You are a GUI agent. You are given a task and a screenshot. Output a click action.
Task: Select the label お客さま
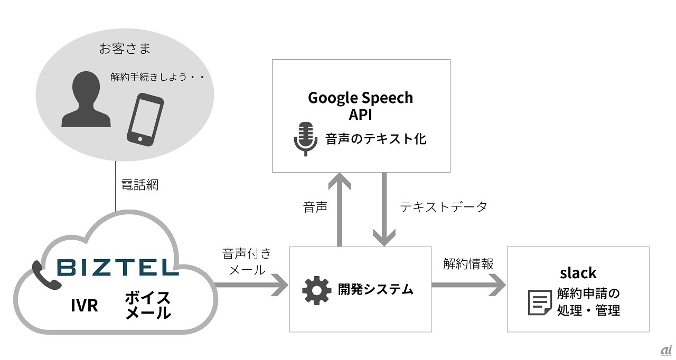click(x=125, y=49)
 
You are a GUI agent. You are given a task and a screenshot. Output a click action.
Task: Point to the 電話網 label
click(x=139, y=185)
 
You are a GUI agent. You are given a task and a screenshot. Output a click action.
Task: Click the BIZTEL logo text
click(x=117, y=268)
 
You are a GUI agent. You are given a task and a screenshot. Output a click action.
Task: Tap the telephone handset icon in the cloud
click(x=42, y=271)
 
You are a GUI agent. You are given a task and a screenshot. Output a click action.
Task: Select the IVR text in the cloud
click(x=84, y=305)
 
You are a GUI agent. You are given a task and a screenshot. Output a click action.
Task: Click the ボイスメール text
click(x=147, y=305)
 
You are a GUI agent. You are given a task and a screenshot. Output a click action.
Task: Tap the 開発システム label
click(x=375, y=289)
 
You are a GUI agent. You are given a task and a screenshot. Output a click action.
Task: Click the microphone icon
click(x=305, y=139)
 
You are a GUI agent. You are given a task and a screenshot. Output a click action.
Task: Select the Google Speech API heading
click(x=360, y=106)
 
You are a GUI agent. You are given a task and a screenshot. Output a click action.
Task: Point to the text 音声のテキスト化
click(x=375, y=139)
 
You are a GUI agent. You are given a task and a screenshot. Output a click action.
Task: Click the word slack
click(x=578, y=273)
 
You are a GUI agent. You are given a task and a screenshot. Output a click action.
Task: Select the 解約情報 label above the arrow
click(x=468, y=264)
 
